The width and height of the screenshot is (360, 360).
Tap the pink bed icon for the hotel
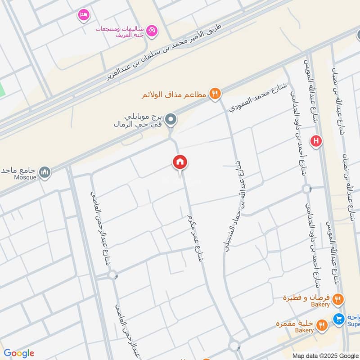(83, 15)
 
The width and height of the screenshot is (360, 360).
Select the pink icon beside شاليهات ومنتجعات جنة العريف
(153, 30)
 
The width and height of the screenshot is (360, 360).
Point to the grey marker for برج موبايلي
(171, 120)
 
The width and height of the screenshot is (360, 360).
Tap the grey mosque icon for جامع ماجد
(45, 171)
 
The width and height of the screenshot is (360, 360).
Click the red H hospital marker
(316, 141)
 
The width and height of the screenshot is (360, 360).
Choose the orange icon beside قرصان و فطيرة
(338, 298)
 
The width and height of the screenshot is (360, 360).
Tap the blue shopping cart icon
(338, 319)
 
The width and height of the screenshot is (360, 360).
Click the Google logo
(18, 353)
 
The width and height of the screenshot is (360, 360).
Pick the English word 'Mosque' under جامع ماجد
(25, 177)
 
